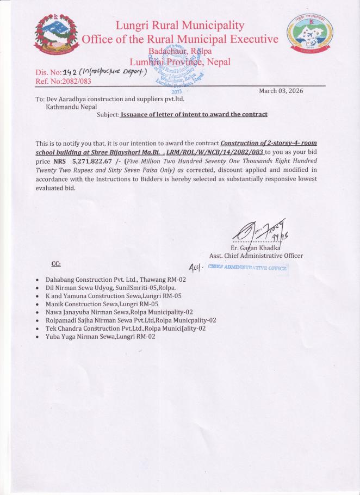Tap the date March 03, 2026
[281, 91]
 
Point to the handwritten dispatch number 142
[71, 72]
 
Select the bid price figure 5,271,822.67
[96, 162]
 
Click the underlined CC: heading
[55, 264]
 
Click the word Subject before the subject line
[108, 115]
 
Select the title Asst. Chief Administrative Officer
[256, 256]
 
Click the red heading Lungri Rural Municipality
[179, 25]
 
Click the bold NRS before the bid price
[59, 162]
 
